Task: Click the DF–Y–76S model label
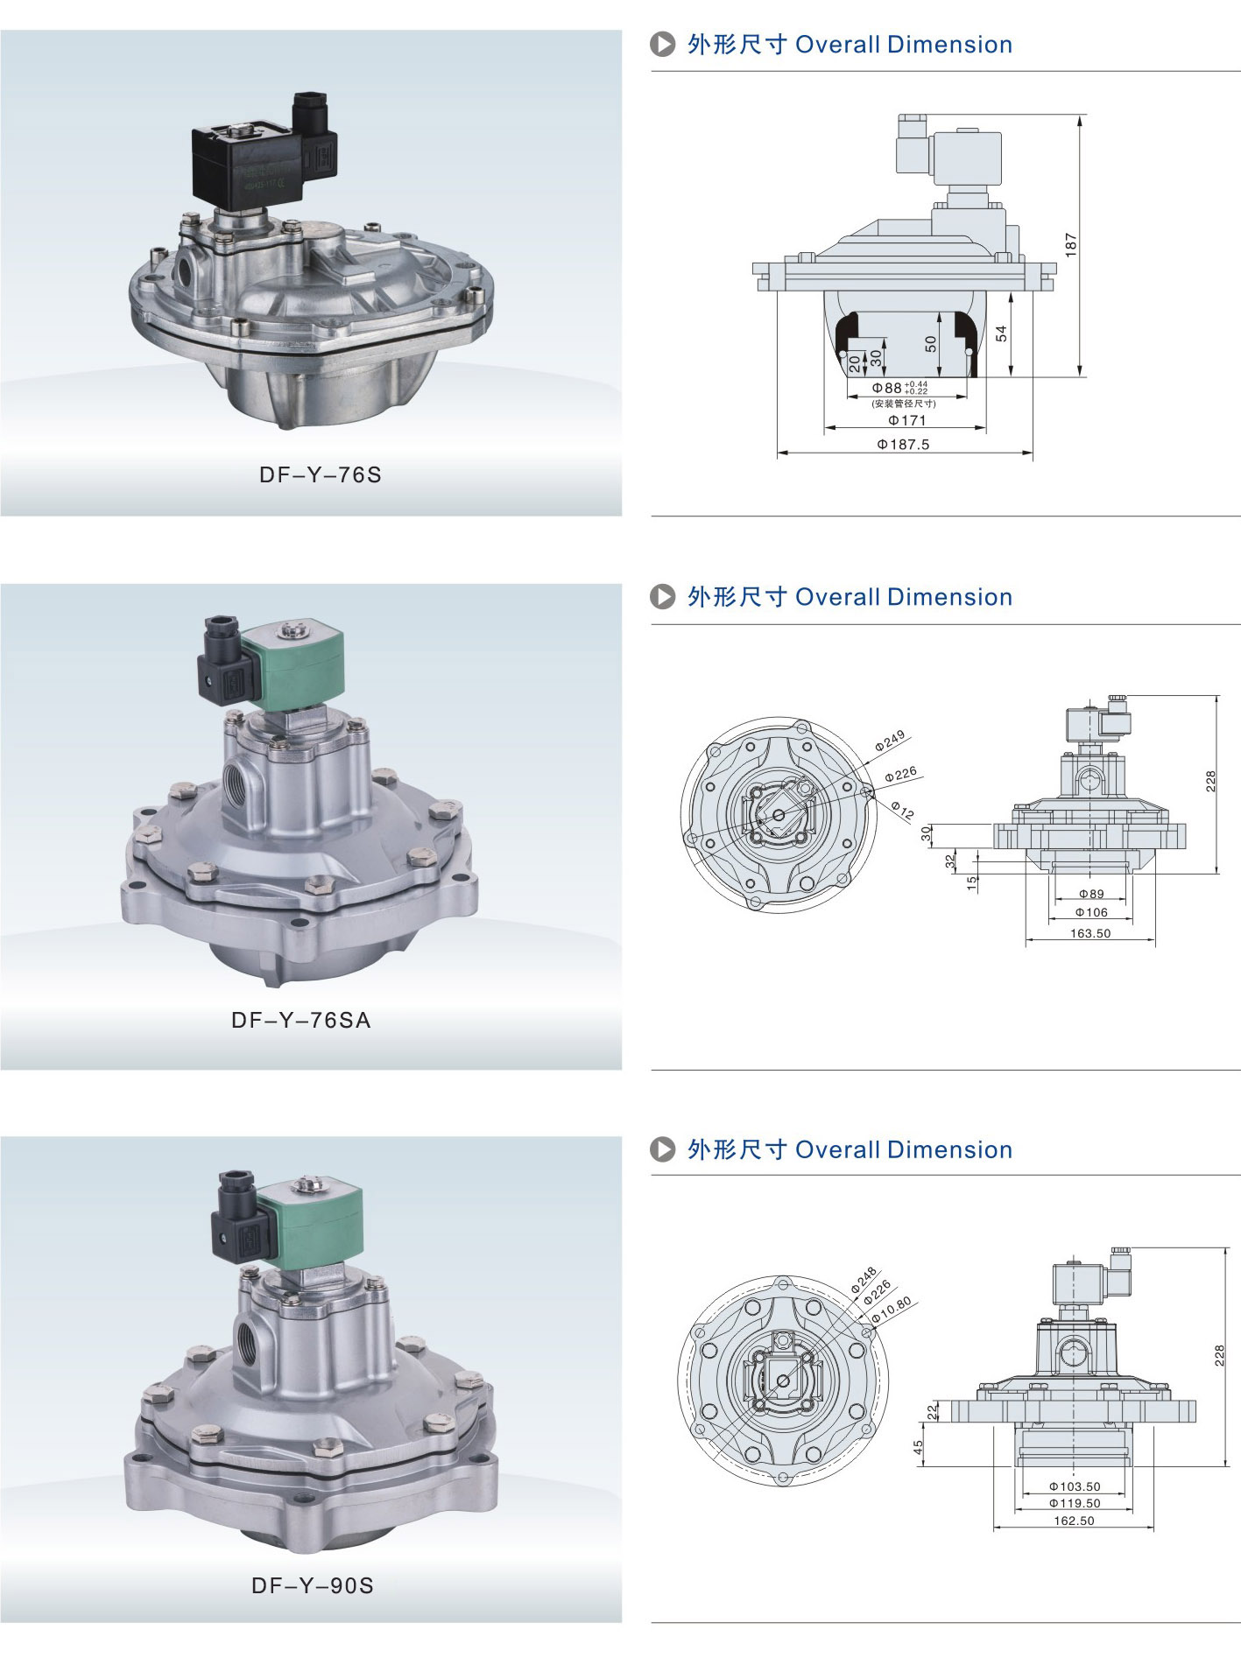[x=321, y=474]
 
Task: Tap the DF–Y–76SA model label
[x=301, y=1020]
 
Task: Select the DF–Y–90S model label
[x=313, y=1585]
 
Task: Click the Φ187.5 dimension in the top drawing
[x=903, y=444]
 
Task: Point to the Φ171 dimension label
[x=906, y=420]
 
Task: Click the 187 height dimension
[x=1071, y=244]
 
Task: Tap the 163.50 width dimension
[x=1090, y=933]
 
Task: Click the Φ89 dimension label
[x=1091, y=894]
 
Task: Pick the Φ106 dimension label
[x=1091, y=912]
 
